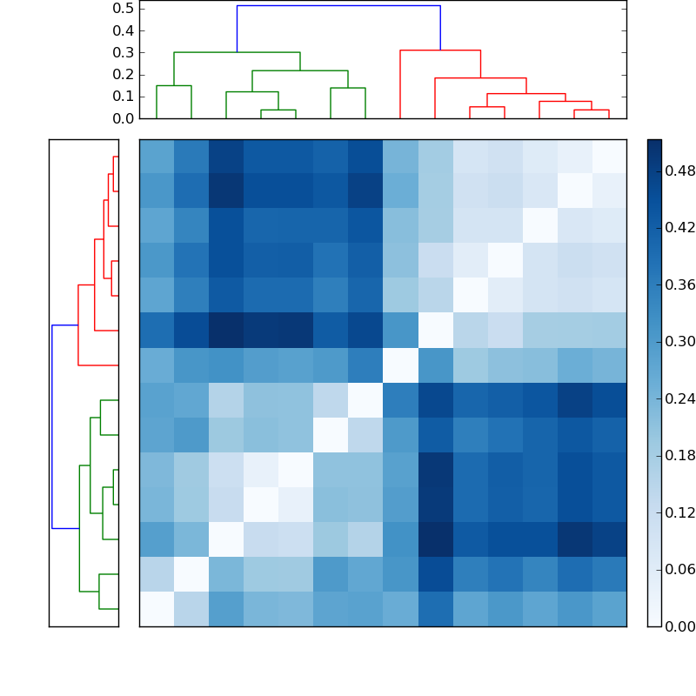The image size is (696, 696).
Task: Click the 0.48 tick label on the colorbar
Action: (x=679, y=171)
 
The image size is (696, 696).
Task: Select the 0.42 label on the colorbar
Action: (x=679, y=228)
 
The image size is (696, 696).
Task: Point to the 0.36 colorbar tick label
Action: (x=679, y=285)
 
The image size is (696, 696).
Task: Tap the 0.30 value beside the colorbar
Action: (x=679, y=342)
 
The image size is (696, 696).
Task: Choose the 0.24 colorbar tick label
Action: (x=679, y=398)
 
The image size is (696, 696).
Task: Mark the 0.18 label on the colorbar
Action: (x=679, y=456)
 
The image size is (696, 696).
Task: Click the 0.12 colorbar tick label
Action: (x=679, y=512)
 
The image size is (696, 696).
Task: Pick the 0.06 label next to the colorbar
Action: (x=679, y=570)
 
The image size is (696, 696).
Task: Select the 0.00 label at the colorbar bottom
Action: (x=679, y=626)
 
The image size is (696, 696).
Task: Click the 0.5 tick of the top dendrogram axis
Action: (x=123, y=8)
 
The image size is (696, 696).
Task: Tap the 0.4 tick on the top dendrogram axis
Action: (x=123, y=30)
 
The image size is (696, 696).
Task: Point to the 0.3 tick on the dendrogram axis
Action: (x=123, y=52)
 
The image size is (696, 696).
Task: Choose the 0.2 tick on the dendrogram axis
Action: (x=123, y=74)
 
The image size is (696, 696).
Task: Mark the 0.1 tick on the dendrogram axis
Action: (x=123, y=97)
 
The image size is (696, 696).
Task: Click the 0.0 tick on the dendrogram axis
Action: (x=123, y=118)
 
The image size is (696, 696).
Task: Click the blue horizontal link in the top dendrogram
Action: (x=338, y=6)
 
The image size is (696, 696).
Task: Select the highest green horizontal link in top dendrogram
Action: (x=237, y=52)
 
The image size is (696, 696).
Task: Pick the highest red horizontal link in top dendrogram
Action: (x=440, y=50)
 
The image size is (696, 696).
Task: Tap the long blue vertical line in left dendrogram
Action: (x=52, y=426)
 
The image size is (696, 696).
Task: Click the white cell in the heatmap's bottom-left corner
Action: (x=157, y=609)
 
